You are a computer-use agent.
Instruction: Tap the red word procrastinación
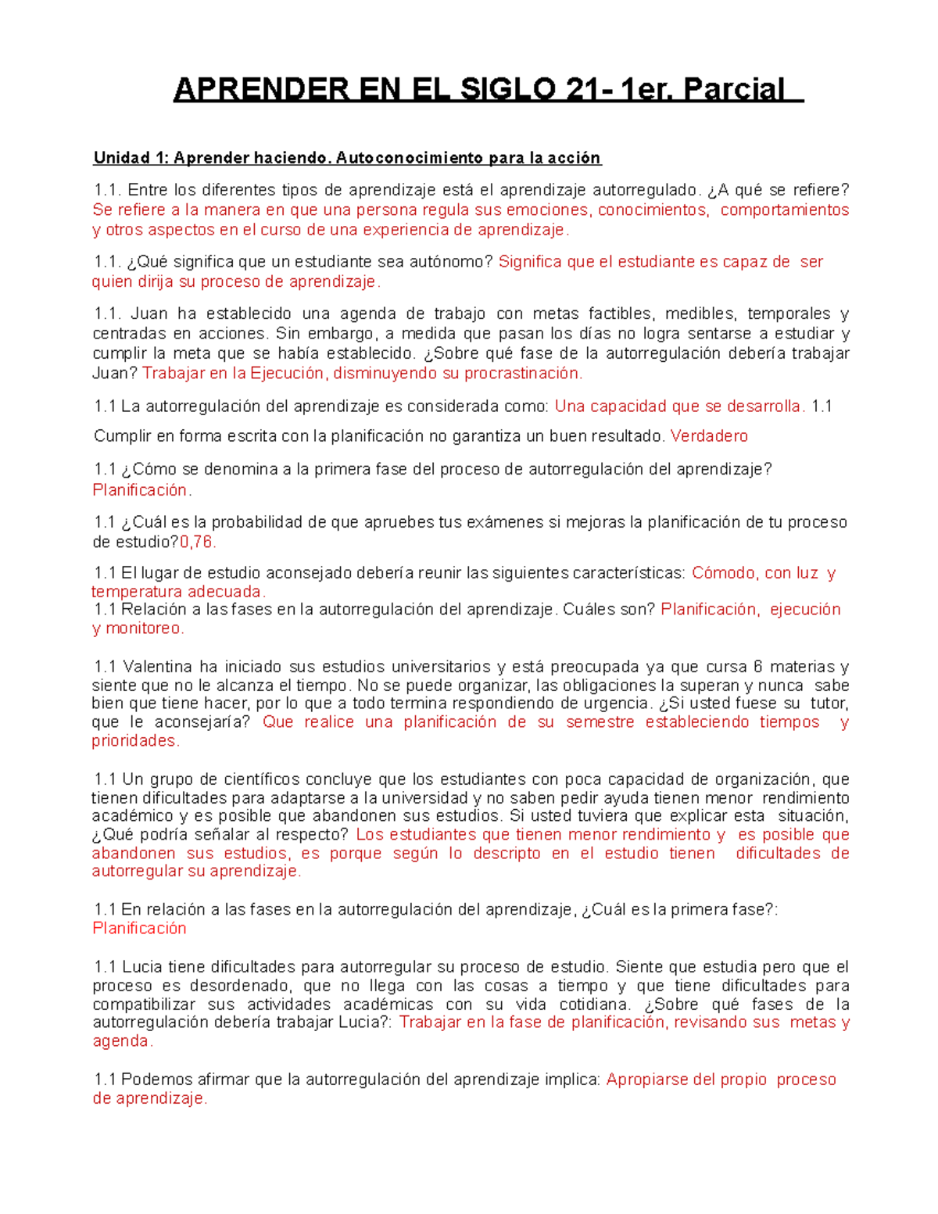click(x=523, y=374)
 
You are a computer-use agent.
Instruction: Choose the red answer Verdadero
click(x=709, y=436)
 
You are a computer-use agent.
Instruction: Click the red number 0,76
click(x=198, y=542)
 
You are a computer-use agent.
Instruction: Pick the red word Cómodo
click(x=724, y=573)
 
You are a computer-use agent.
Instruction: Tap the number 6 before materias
click(x=757, y=667)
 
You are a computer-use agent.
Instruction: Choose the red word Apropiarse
click(x=646, y=1080)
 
